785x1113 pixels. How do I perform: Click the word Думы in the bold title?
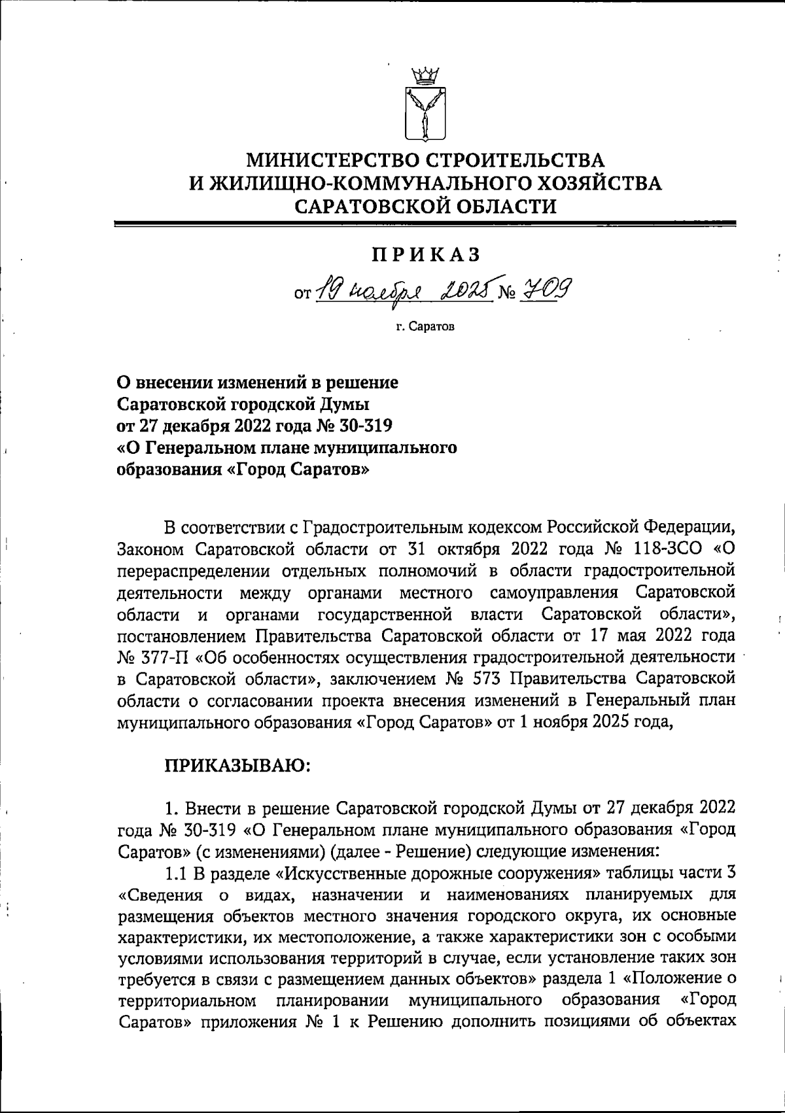tap(345, 403)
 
